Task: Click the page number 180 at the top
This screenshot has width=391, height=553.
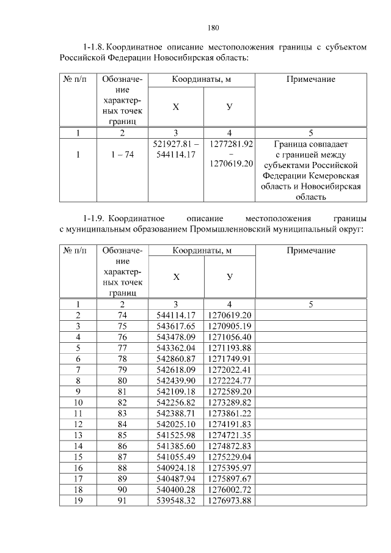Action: tap(213, 27)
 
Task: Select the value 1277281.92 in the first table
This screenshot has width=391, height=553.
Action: tap(231, 144)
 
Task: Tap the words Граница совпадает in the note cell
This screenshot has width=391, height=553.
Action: tap(310, 144)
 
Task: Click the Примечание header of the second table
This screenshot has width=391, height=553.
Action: tap(310, 251)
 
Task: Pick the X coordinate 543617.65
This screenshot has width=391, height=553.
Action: tap(175, 326)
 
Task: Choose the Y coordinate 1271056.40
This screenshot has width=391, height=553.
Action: tap(230, 337)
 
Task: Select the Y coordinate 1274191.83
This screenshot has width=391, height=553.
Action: tap(230, 425)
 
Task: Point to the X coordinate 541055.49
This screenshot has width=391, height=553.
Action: tap(175, 457)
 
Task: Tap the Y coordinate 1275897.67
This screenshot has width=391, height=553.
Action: tap(230, 479)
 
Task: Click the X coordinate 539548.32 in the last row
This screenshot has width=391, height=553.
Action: tap(175, 501)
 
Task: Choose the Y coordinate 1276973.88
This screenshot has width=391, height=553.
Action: tap(230, 501)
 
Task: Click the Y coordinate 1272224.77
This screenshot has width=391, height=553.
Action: tap(230, 381)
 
